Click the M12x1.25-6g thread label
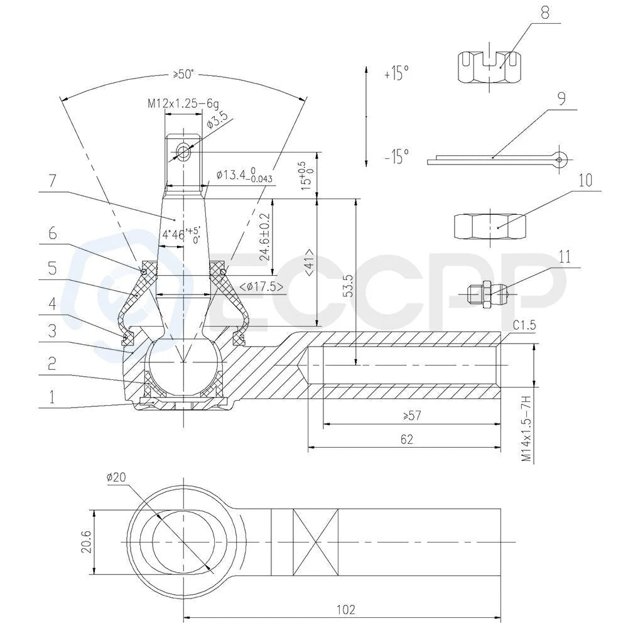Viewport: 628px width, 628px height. (x=183, y=104)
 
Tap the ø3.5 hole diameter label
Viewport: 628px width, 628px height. (x=217, y=120)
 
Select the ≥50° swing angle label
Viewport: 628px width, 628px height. (x=183, y=74)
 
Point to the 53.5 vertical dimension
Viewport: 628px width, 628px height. (x=349, y=285)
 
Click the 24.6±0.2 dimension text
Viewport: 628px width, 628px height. (x=265, y=237)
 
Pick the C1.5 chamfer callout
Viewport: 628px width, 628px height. (x=524, y=325)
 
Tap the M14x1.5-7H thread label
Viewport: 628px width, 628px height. (x=526, y=428)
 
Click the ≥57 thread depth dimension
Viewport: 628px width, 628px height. (x=412, y=415)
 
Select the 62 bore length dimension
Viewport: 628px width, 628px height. (x=406, y=440)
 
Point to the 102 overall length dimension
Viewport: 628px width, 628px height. (x=345, y=610)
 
